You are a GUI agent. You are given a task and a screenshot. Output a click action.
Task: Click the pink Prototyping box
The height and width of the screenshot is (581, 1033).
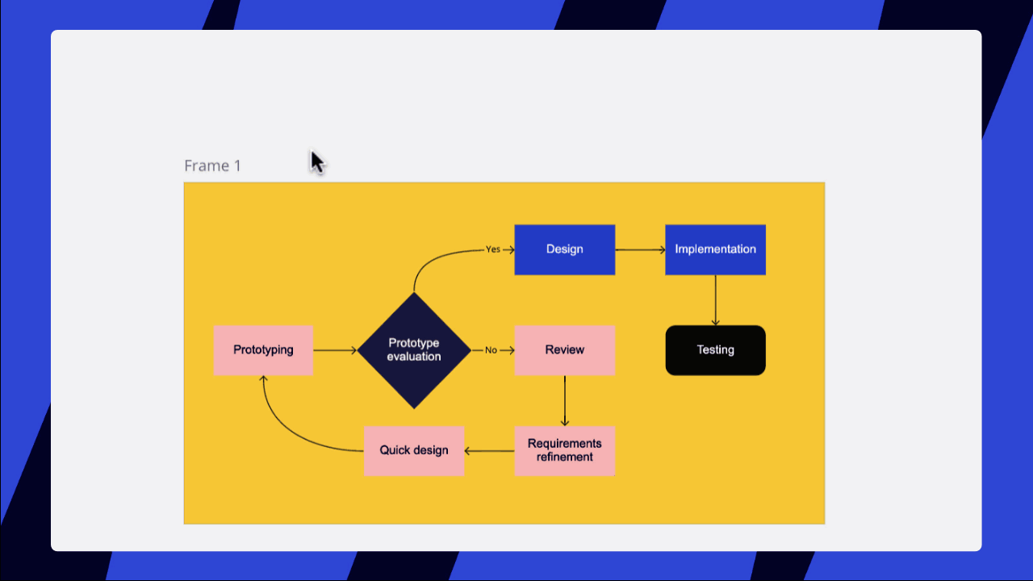263,350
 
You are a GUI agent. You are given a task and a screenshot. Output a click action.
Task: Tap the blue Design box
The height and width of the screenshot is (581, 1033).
565,249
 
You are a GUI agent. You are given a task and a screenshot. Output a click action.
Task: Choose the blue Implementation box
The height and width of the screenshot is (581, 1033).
715,249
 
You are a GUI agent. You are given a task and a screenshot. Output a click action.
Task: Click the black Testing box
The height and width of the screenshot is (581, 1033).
715,350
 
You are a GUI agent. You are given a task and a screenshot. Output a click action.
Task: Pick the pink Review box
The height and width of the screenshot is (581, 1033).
565,350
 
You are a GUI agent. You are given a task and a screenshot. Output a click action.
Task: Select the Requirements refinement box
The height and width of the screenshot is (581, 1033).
565,450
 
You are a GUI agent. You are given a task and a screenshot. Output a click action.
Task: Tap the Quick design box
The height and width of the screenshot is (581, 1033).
414,450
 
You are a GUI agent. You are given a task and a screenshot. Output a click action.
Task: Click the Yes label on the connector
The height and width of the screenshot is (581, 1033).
492,249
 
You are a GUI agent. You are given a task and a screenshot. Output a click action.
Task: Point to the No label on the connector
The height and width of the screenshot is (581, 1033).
491,350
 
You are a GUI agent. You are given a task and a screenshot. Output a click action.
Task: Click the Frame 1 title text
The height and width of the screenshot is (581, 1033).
212,165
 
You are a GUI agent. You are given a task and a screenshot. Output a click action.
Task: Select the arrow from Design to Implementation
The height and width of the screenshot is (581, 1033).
640,250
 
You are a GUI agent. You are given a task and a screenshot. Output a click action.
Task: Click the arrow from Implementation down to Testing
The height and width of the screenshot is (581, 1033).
715,300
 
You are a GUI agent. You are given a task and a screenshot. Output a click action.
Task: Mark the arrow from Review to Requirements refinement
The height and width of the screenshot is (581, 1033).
565,401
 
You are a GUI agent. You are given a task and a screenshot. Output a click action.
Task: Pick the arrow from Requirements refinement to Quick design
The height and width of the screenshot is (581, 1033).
490,451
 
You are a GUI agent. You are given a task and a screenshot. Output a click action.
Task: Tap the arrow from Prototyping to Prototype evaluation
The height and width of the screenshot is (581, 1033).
335,350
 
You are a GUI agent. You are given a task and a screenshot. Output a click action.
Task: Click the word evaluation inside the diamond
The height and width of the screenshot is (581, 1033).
414,357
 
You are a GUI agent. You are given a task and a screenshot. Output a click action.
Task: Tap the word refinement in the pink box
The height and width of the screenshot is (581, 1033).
565,457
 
